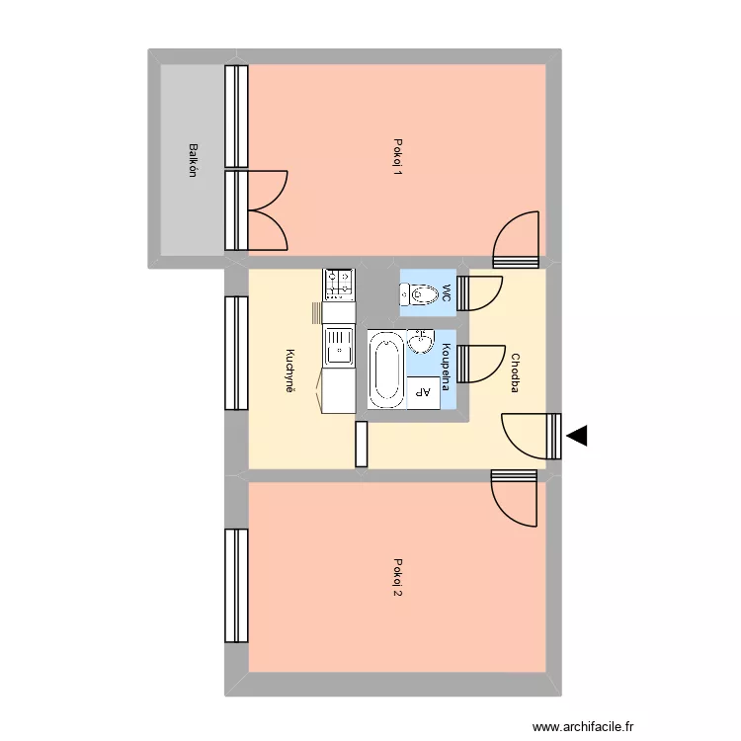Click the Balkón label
[194, 160]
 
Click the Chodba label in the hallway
[515, 373]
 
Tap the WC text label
[447, 292]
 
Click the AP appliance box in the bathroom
[422, 392]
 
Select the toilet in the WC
[419, 293]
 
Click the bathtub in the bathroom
[385, 370]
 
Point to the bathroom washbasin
[421, 342]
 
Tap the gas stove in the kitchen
[339, 284]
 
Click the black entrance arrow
[576, 435]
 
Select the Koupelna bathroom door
[481, 363]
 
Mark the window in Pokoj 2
[236, 585]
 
